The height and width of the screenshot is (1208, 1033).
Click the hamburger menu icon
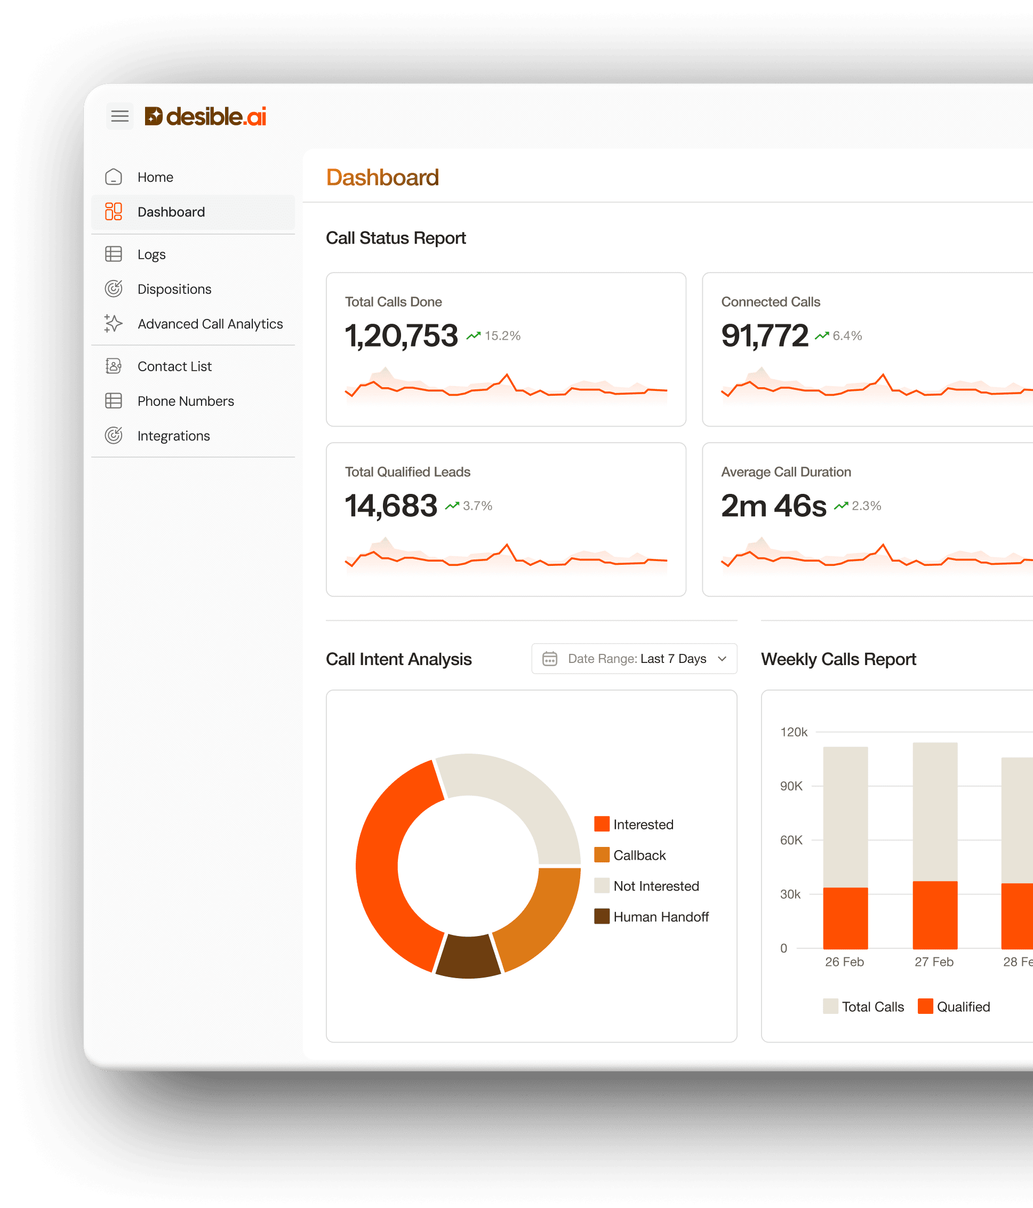point(119,116)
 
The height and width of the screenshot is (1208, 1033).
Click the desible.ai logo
point(205,117)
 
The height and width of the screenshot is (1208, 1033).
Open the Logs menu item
point(151,254)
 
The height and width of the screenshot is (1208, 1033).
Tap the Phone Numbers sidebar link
point(185,401)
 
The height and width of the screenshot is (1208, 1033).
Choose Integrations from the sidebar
point(173,436)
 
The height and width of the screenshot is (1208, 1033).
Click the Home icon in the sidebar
point(114,177)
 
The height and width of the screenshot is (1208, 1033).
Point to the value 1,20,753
point(401,336)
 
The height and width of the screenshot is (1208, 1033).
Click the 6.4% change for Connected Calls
point(846,336)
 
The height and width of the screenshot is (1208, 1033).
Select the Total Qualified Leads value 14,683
point(390,506)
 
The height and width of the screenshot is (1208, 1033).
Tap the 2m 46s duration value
point(773,506)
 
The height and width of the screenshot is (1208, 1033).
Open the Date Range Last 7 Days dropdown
point(634,659)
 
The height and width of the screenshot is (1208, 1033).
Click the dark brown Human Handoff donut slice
point(468,956)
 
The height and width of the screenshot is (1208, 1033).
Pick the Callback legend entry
point(639,855)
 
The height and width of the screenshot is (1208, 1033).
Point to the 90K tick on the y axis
point(791,786)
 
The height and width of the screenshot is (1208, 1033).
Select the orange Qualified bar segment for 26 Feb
point(845,918)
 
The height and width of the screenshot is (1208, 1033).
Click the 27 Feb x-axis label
point(933,962)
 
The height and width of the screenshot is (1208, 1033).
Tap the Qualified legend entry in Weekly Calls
point(963,1007)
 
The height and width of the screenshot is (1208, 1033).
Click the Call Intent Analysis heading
point(398,659)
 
